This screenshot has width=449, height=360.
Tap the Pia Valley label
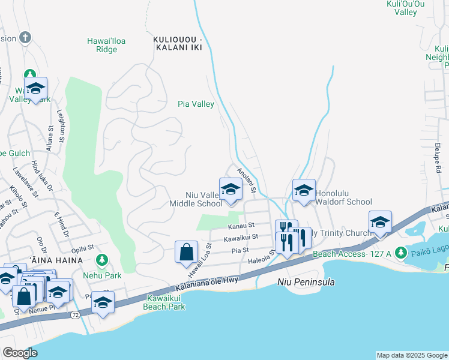[196, 104]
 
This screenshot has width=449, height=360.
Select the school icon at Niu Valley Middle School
[230, 191]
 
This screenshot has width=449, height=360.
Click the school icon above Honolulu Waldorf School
[304, 191]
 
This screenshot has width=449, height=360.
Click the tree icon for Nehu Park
[102, 260]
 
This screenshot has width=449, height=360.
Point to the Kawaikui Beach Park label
[164, 302]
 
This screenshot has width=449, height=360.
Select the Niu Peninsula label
[306, 282]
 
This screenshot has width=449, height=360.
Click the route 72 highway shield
[74, 314]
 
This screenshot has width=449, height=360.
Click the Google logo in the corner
[20, 353]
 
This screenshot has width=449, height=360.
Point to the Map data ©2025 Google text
[411, 355]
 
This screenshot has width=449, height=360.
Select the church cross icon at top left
[25, 38]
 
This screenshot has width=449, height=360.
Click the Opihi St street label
[82, 247]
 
